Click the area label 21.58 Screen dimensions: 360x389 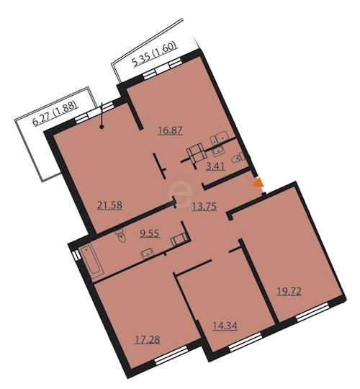[109, 205]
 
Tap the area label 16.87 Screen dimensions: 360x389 [171, 130]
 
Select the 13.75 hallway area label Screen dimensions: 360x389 [204, 207]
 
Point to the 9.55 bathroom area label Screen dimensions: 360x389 [149, 233]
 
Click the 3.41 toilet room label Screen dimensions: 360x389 [216, 166]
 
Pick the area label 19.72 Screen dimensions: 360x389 [289, 291]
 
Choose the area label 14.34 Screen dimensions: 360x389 [225, 326]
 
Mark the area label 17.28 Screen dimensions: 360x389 [148, 339]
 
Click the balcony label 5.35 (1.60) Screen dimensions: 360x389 [156, 54]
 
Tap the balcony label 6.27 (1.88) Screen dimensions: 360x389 [55, 115]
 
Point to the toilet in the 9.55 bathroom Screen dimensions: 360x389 [121, 236]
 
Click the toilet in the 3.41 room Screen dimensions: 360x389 [238, 158]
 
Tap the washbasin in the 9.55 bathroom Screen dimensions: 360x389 [148, 254]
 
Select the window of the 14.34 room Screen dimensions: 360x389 [246, 342]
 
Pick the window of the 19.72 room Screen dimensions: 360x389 [313, 312]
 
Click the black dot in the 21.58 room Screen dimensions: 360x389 [101, 128]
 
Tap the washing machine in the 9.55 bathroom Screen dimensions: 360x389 [179, 239]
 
